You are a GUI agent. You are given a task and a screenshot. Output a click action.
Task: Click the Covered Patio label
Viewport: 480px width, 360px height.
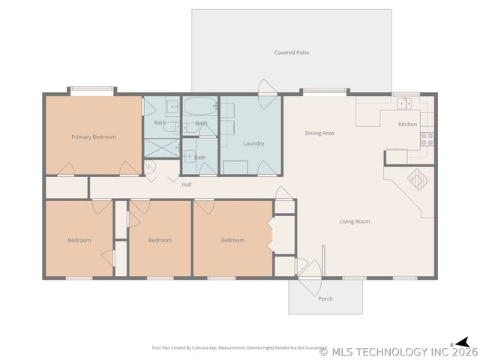tap(292, 52)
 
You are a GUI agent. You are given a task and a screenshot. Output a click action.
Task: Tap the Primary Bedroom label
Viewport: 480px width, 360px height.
tap(94, 137)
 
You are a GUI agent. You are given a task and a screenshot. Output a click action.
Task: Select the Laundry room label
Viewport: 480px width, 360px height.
tap(253, 143)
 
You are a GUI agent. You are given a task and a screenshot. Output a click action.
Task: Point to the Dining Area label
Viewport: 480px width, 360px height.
tap(319, 133)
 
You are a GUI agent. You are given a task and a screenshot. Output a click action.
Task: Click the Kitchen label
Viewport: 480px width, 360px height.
tap(407, 124)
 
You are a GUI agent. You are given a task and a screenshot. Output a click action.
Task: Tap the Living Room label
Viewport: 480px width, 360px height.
tap(355, 221)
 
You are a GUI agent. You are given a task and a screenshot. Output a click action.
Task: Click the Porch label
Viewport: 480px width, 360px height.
tap(325, 298)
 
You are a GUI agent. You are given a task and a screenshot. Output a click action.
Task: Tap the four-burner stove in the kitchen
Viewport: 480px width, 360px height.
tap(427, 139)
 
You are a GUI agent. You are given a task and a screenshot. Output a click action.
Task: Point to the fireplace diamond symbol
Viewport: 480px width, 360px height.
tap(415, 178)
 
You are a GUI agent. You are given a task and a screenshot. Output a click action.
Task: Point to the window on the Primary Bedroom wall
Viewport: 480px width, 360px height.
tap(92, 91)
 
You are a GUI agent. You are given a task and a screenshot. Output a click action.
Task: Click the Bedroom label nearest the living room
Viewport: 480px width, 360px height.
tap(232, 240)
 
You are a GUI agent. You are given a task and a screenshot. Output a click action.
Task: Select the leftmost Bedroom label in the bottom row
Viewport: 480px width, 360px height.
tap(79, 240)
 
